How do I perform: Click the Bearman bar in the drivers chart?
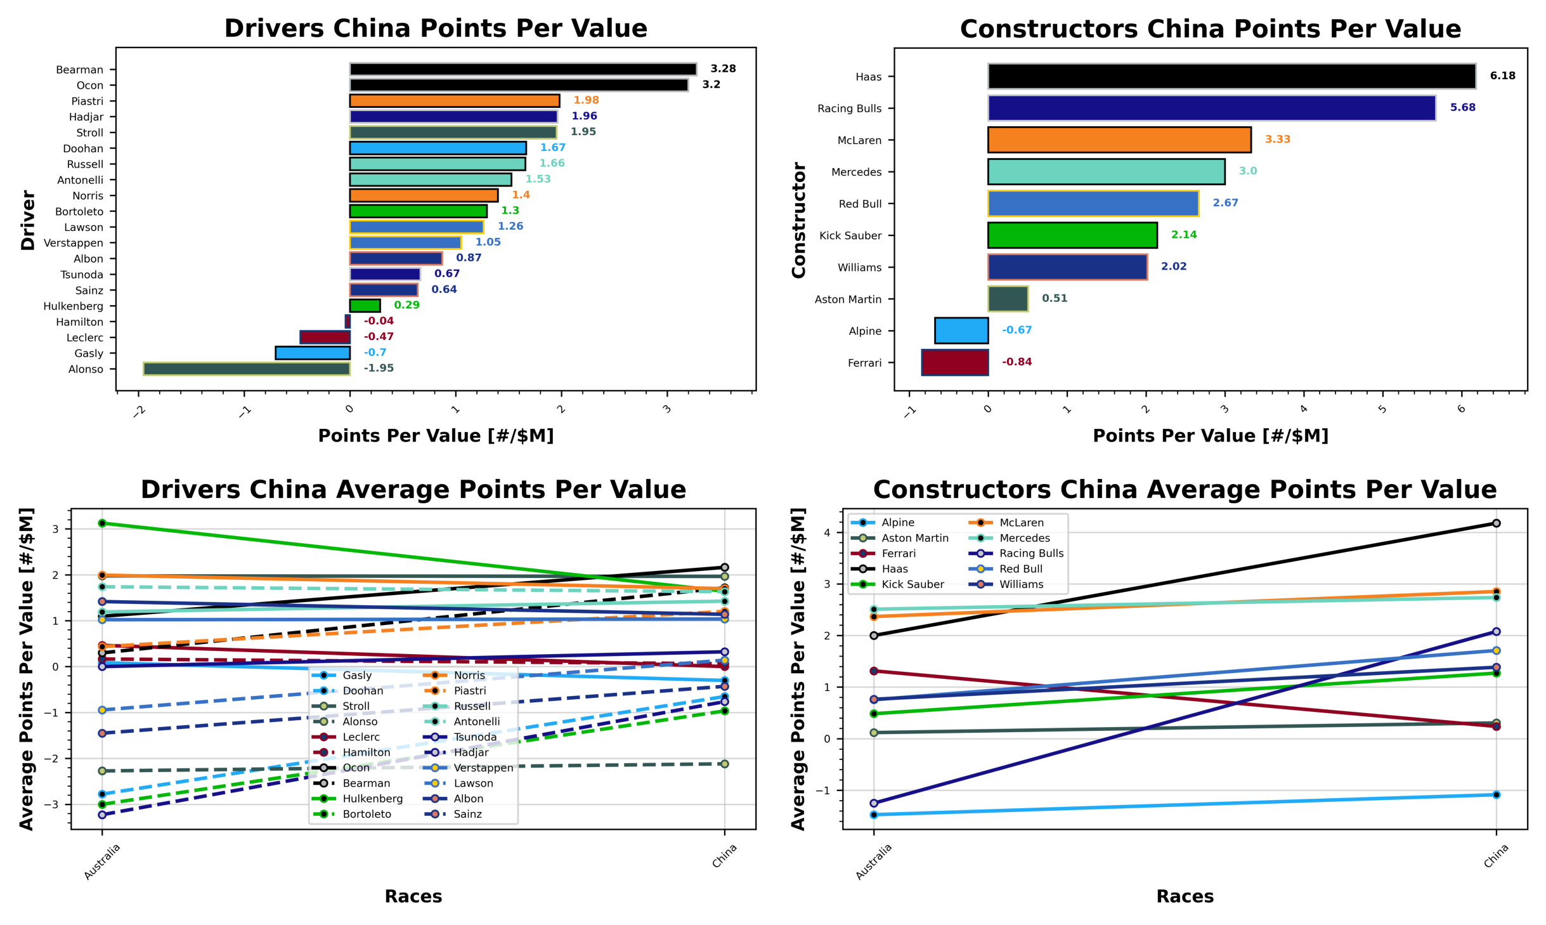click(x=523, y=69)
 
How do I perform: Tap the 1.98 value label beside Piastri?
click(x=586, y=100)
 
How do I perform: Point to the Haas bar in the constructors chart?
click(x=1231, y=76)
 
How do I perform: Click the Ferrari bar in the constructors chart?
click(x=954, y=362)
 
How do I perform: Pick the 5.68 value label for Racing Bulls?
click(x=1462, y=108)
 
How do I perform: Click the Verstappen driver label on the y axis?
click(x=73, y=243)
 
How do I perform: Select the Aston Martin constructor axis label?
click(x=848, y=299)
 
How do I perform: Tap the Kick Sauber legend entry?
click(x=912, y=584)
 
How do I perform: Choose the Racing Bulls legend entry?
click(x=1031, y=553)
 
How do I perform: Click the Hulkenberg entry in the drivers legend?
click(x=372, y=799)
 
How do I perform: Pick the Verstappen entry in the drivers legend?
click(x=483, y=768)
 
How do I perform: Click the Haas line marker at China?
click(x=1496, y=523)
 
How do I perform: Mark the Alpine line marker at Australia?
click(x=874, y=815)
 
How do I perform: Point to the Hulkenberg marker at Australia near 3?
click(x=102, y=523)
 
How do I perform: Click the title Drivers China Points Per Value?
click(x=436, y=29)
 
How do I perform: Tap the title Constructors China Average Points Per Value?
click(x=1185, y=490)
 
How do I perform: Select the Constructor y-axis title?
click(x=798, y=220)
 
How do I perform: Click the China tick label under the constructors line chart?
click(x=1496, y=856)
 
